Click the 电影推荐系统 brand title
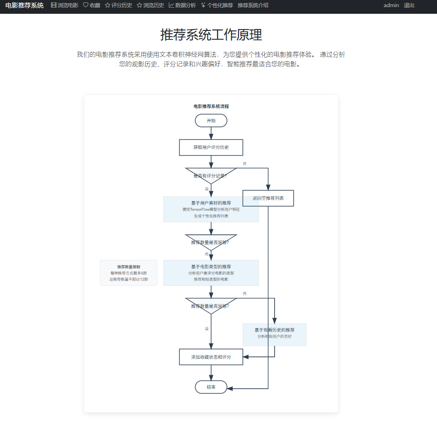24,5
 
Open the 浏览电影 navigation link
65,5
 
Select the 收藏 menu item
91,5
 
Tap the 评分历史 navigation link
119,5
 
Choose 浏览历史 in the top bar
150,5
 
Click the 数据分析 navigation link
182,5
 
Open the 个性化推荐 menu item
217,5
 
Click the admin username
391,5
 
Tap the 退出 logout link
409,5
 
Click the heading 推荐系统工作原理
211,35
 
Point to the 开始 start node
211,121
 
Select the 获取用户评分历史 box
211,147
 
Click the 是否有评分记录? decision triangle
211,175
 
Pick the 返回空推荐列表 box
268,198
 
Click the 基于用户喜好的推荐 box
211,209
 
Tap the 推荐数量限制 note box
129,273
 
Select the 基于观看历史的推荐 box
274,334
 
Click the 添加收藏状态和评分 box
211,357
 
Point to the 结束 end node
211,387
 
